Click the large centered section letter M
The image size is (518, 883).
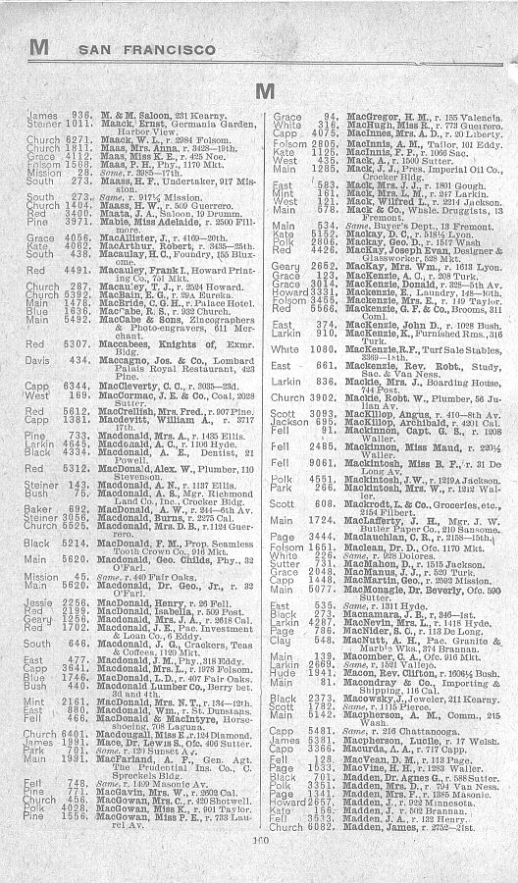point(262,91)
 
